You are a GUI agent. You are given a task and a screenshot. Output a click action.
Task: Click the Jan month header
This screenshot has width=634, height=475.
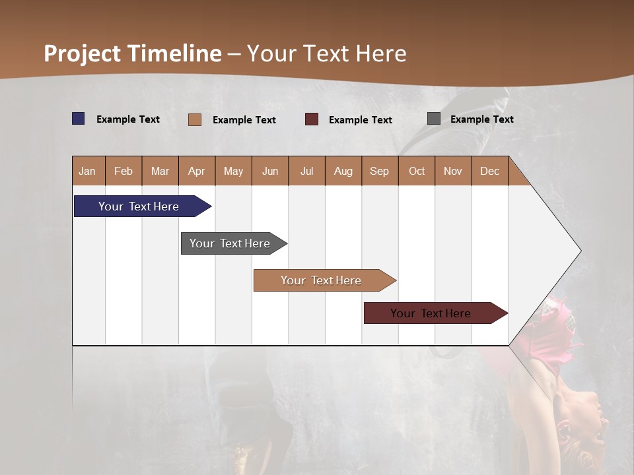coord(87,171)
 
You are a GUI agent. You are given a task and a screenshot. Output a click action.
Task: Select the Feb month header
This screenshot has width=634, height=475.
coord(123,171)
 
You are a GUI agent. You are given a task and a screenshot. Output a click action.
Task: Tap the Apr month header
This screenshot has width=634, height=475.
coord(196,171)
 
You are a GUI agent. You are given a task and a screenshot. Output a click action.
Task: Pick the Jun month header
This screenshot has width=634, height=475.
coord(270,171)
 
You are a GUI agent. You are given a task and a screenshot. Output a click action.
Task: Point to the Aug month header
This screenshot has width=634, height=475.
coord(343,171)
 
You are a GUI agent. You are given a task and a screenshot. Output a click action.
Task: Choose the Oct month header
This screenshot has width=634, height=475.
coord(417,171)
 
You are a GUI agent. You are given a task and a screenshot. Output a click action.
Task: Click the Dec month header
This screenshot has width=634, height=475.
coord(489,171)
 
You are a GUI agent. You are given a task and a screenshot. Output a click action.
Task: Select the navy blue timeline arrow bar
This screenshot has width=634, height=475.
coord(139,206)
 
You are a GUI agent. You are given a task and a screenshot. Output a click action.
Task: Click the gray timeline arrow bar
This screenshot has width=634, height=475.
coord(230,243)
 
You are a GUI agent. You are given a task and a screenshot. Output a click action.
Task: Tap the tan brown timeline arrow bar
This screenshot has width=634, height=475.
coord(322,280)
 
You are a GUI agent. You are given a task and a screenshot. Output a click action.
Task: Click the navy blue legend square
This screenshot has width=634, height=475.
coord(79,119)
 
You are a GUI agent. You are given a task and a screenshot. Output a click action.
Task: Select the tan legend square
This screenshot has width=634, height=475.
coord(195,119)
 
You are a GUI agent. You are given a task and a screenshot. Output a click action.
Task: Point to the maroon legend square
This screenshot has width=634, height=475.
coord(312,119)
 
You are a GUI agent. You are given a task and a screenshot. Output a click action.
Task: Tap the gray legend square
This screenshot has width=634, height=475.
coord(434,119)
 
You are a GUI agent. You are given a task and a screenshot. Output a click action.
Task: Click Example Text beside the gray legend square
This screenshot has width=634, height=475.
coord(481,119)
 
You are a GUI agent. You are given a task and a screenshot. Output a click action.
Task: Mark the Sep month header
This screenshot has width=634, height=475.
coord(379,171)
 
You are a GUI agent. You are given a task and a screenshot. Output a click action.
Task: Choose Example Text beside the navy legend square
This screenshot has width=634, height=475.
coord(128,119)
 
